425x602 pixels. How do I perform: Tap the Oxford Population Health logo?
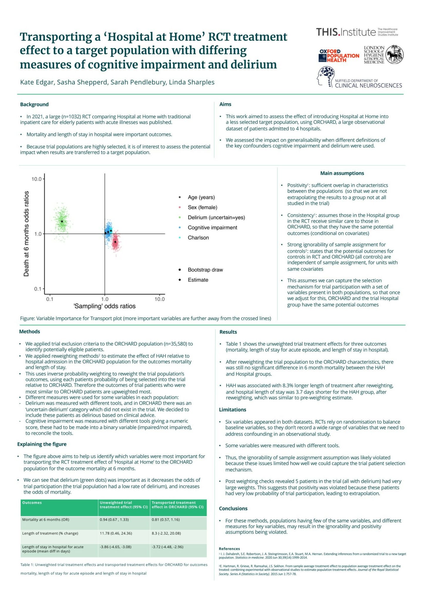coord(339,56)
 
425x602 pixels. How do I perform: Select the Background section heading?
coord(34,104)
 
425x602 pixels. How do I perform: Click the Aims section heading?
coord(225,104)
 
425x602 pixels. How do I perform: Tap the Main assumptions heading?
coord(342,173)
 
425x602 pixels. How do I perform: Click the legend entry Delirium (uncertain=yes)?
coord(216,218)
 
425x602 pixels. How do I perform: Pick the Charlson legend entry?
coord(198,238)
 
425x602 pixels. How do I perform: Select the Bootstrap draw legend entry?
coord(205,270)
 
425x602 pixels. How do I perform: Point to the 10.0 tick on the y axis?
coord(36,179)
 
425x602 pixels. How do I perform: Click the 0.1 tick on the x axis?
coord(50,299)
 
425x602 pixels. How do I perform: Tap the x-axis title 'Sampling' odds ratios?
coord(104,306)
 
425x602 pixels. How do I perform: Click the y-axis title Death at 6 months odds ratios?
coord(26,234)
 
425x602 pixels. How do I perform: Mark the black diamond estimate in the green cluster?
coord(62,221)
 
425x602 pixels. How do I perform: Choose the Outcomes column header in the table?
coord(32,503)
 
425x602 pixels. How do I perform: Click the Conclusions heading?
coord(233,509)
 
